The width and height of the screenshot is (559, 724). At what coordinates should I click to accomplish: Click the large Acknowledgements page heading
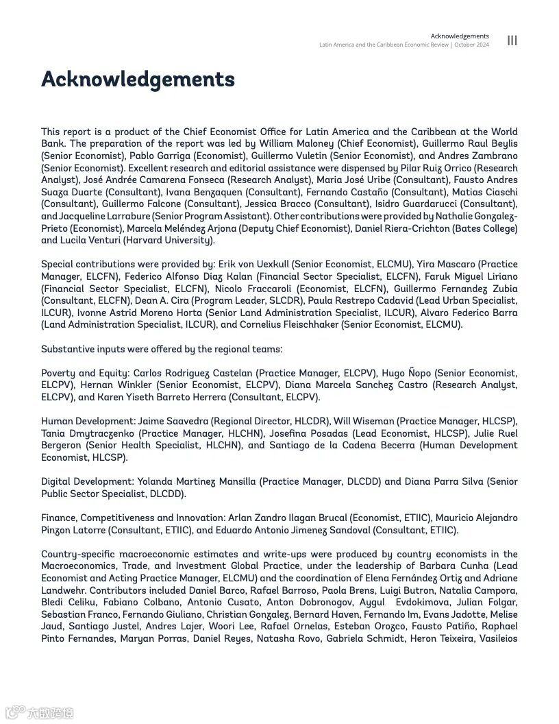click(x=138, y=80)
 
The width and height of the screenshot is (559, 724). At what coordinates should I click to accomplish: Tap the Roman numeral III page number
click(x=512, y=40)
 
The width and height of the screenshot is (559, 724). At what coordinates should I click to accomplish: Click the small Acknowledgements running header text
click(x=460, y=36)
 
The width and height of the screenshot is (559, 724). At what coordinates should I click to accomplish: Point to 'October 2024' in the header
click(x=471, y=45)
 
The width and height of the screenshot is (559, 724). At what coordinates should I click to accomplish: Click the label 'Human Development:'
click(x=88, y=422)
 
